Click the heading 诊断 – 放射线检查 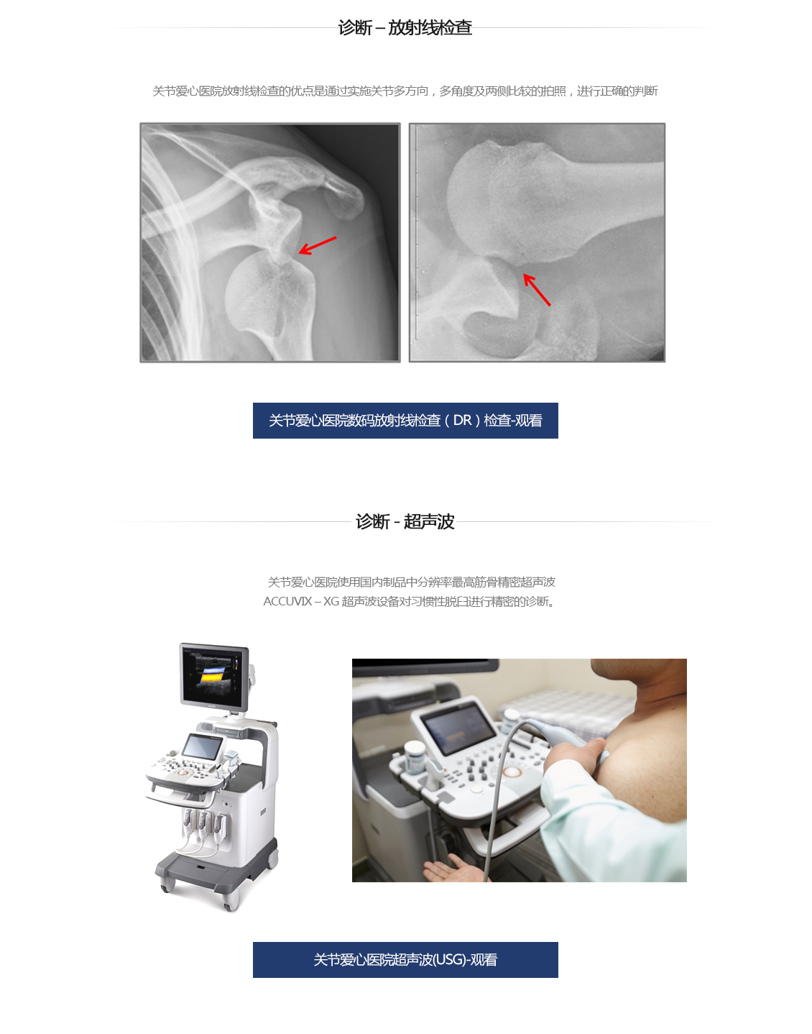pyautogui.click(x=405, y=27)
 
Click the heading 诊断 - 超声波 pyautogui.click(x=405, y=521)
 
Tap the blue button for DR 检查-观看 pyautogui.click(x=405, y=421)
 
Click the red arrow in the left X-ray pyautogui.click(x=317, y=245)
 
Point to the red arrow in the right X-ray pyautogui.click(x=537, y=289)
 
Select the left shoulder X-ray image pyautogui.click(x=270, y=242)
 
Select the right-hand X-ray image pyautogui.click(x=538, y=242)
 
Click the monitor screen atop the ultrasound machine pyautogui.click(x=213, y=676)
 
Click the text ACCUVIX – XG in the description pyautogui.click(x=301, y=602)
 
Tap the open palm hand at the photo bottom pyautogui.click(x=452, y=869)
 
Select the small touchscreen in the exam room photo pyautogui.click(x=458, y=728)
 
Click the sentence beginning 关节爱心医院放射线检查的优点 pyautogui.click(x=405, y=91)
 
